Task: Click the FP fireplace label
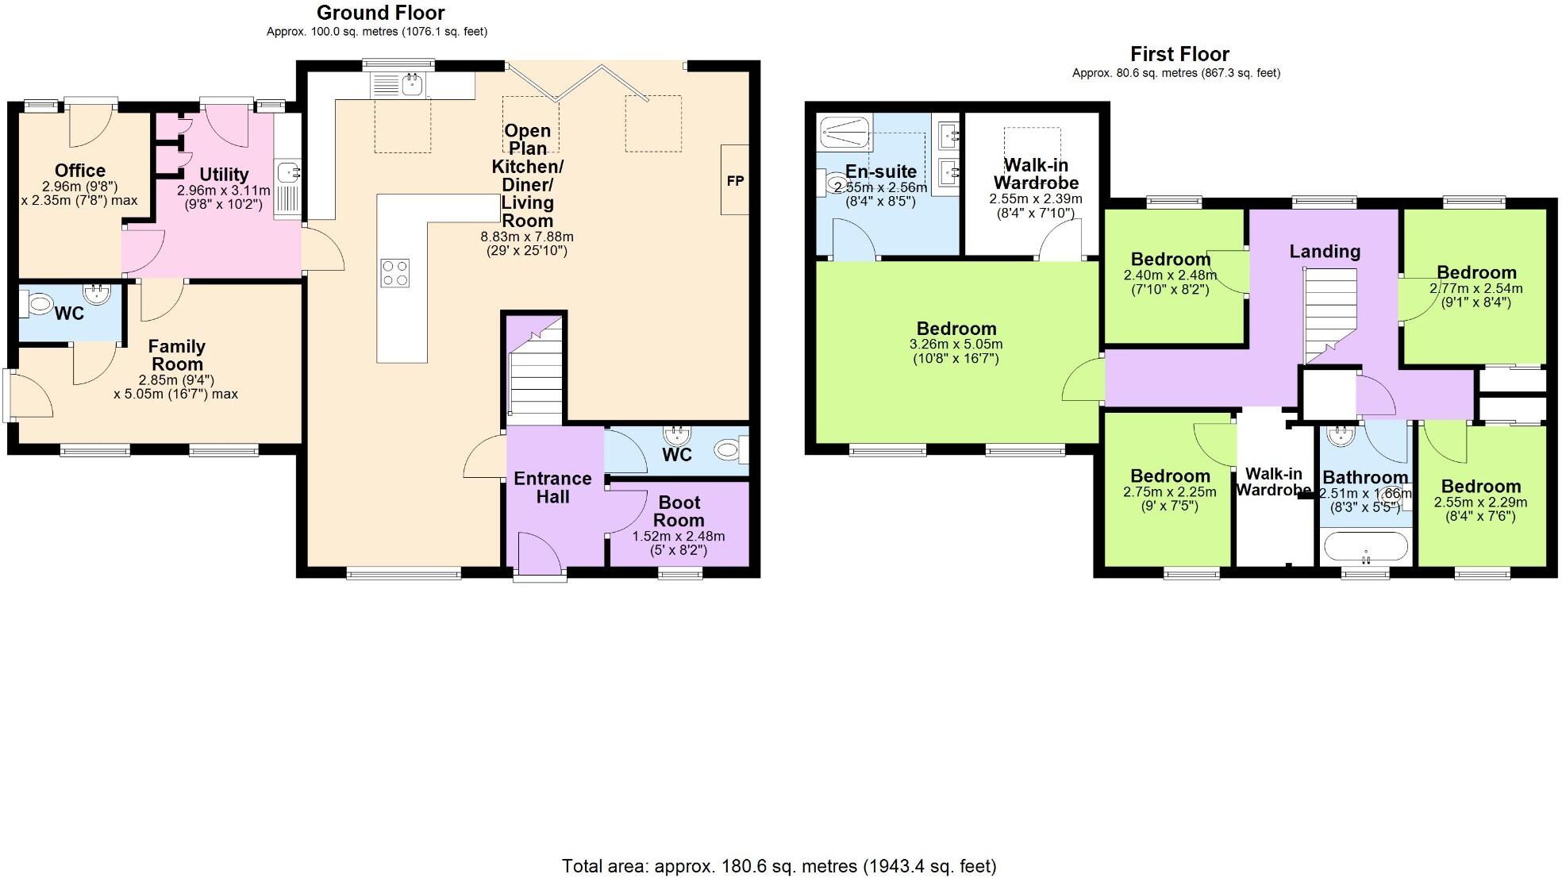pyautogui.click(x=735, y=181)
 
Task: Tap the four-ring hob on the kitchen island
pyautogui.click(x=395, y=273)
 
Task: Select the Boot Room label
pyautogui.click(x=679, y=511)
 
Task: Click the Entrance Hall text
pyautogui.click(x=552, y=487)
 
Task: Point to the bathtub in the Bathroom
pyautogui.click(x=1365, y=547)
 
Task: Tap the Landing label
pyautogui.click(x=1325, y=252)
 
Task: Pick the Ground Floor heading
pyautogui.click(x=381, y=13)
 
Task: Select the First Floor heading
pyautogui.click(x=1179, y=54)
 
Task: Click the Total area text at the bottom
pyautogui.click(x=779, y=866)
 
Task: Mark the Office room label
pyautogui.click(x=80, y=171)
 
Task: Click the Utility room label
pyautogui.click(x=224, y=175)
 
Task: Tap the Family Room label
pyautogui.click(x=177, y=355)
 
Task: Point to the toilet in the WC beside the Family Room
pyautogui.click(x=37, y=302)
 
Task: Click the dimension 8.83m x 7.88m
pyautogui.click(x=527, y=237)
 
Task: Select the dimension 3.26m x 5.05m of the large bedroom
pyautogui.click(x=956, y=345)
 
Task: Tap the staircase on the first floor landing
pyautogui.click(x=1330, y=314)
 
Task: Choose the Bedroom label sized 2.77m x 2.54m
pyautogui.click(x=1475, y=272)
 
